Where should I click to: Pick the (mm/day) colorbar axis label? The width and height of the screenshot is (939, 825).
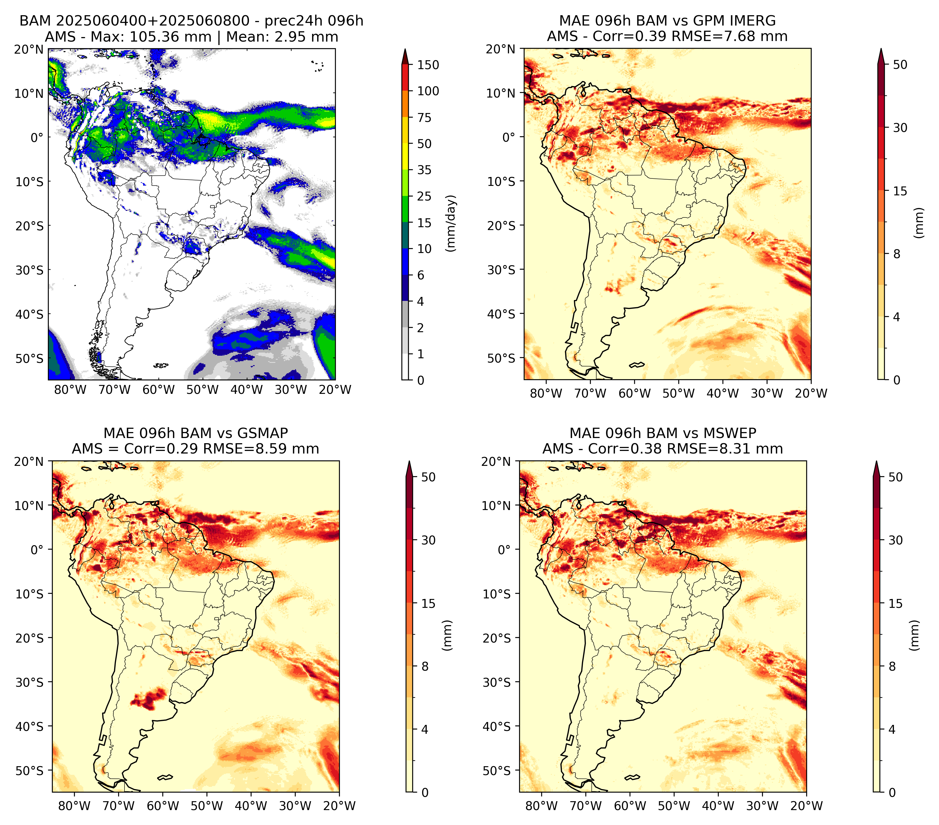pos(452,223)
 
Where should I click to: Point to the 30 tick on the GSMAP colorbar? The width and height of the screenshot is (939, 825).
pos(428,540)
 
